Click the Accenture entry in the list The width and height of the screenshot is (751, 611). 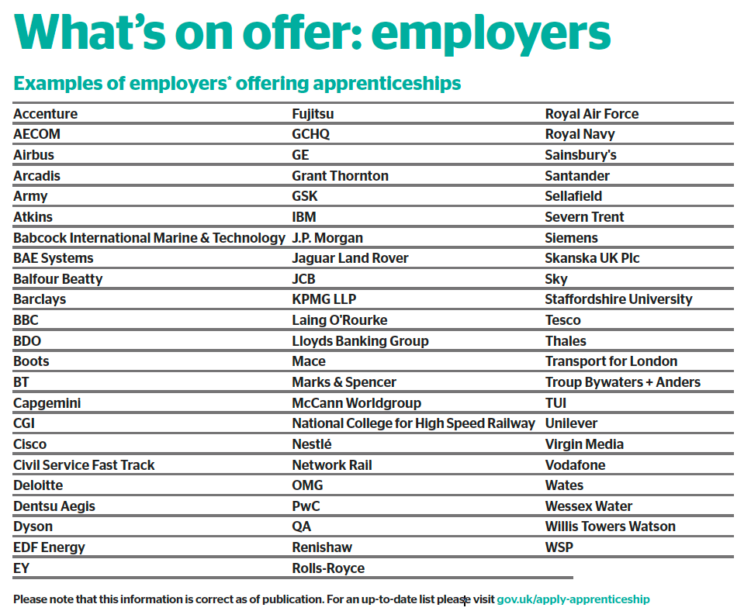point(46,114)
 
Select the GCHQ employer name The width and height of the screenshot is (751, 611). point(311,134)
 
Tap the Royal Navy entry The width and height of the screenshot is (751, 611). point(580,134)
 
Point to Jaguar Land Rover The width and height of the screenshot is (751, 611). point(350,258)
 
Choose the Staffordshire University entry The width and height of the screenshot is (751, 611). point(618,299)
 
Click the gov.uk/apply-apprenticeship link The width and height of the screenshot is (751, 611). point(573,599)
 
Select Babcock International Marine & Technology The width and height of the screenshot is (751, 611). point(149,238)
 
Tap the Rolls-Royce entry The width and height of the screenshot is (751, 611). point(328,568)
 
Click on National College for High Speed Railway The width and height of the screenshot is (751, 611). point(414,423)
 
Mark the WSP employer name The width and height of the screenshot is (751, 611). point(559,547)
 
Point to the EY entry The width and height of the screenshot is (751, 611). point(22,568)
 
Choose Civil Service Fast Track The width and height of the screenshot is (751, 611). point(84,465)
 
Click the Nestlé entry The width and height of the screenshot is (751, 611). point(312,444)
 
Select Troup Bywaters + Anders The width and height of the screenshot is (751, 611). point(623,382)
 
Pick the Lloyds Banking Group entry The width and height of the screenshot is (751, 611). point(360,341)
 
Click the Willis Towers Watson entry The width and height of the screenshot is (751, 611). point(611,526)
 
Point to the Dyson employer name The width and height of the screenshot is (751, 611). point(33,526)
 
